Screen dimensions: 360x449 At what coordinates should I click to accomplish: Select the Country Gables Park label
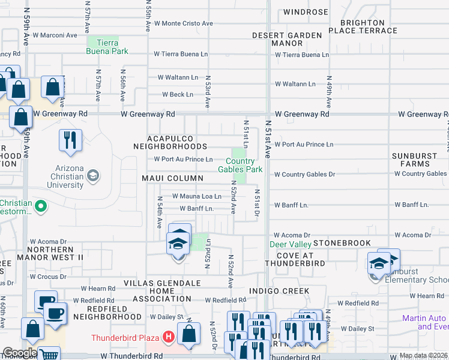pyautogui.click(x=244, y=166)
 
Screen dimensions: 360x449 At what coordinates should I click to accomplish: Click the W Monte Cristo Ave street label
pyautogui.click(x=184, y=23)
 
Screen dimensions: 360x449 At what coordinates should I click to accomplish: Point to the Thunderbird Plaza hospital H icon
pyautogui.click(x=168, y=338)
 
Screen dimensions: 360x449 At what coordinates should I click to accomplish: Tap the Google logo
pyautogui.click(x=19, y=353)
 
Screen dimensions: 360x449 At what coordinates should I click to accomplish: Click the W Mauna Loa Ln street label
pyautogui.click(x=197, y=196)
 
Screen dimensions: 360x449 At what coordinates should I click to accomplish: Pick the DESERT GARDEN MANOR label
pyautogui.click(x=287, y=39)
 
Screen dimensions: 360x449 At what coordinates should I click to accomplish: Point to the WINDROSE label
pyautogui.click(x=306, y=12)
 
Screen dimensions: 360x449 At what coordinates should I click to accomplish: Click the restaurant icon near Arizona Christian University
pyautogui.click(x=70, y=140)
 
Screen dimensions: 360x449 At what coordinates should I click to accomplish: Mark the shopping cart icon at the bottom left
pyautogui.click(x=49, y=354)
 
